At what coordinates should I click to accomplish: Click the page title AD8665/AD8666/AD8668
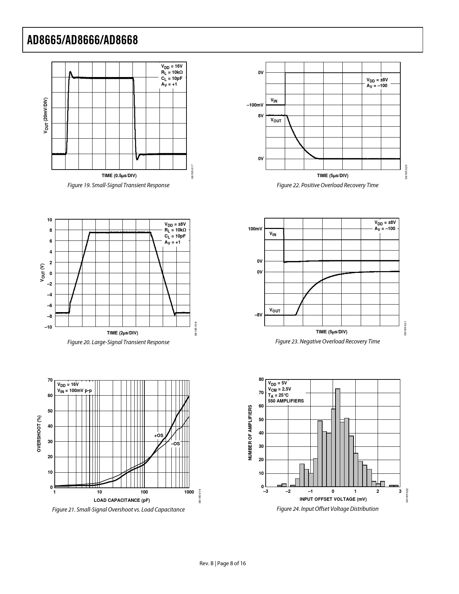click(82, 40)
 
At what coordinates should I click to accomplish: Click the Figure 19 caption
click(118, 185)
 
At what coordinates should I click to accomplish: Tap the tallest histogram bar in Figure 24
click(338, 437)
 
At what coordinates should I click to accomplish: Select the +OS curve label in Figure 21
click(159, 436)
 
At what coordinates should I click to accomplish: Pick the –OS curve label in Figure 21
click(175, 444)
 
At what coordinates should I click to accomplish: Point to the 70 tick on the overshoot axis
click(50, 380)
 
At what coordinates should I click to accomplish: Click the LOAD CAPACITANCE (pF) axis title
click(122, 500)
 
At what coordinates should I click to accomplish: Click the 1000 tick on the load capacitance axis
click(189, 492)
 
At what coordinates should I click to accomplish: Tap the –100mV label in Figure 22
click(255, 105)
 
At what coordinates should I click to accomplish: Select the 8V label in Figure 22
click(261, 116)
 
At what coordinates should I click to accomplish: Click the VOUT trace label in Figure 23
click(275, 310)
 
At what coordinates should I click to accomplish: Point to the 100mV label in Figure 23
click(255, 229)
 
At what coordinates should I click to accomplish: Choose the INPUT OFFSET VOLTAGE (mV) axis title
click(333, 499)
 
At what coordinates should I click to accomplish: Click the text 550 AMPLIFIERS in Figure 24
click(286, 401)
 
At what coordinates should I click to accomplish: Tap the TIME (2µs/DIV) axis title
click(122, 333)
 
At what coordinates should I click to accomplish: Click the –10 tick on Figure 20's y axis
click(48, 327)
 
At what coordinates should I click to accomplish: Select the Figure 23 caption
click(328, 342)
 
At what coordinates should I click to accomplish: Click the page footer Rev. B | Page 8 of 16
click(223, 563)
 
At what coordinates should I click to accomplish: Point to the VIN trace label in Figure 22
click(274, 101)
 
